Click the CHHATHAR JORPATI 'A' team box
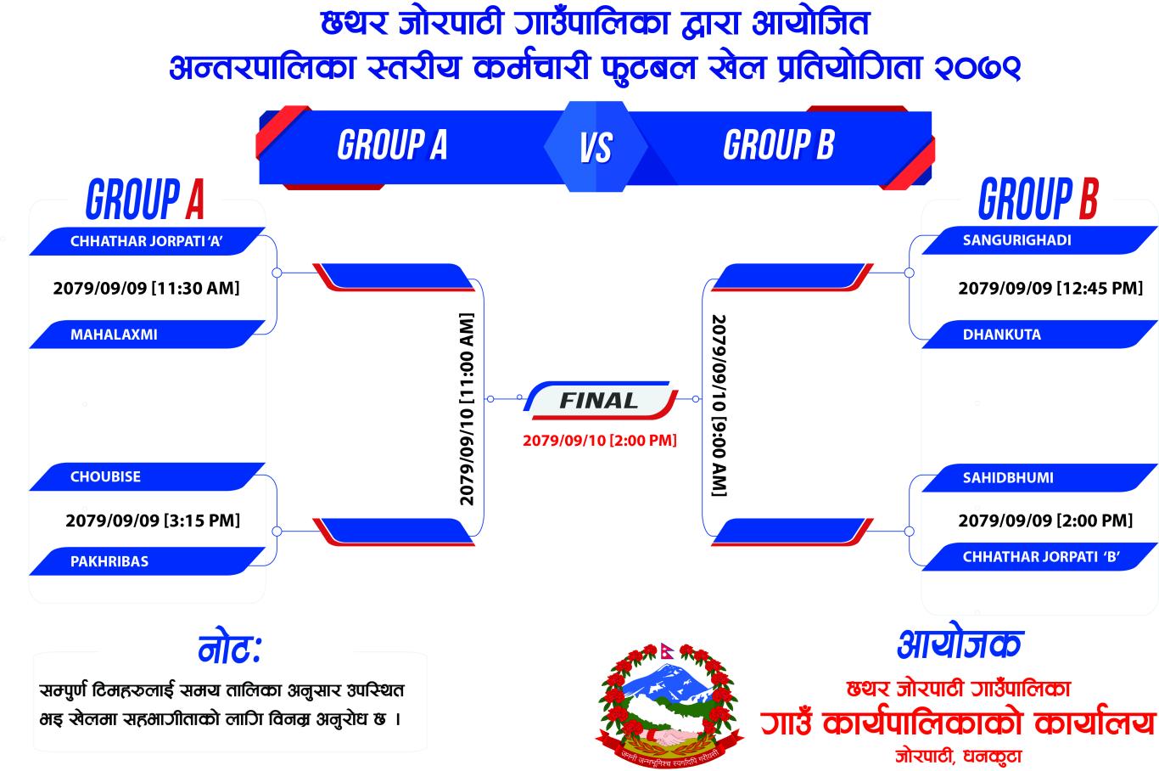pyautogui.click(x=147, y=241)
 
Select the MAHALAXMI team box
pyautogui.click(x=147, y=335)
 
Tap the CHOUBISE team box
pyautogui.click(x=147, y=477)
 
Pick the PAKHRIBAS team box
pyautogui.click(x=147, y=561)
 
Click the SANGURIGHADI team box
pyautogui.click(x=1039, y=240)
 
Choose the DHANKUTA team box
pyautogui.click(x=1039, y=335)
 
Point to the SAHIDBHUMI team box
pyautogui.click(x=1039, y=477)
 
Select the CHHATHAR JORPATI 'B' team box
pyautogui.click(x=1039, y=557)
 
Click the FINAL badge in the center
pyautogui.click(x=600, y=400)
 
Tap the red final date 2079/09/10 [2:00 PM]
pyautogui.click(x=600, y=441)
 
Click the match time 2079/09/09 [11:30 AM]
pyautogui.click(x=147, y=289)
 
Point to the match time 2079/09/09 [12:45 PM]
pyautogui.click(x=1050, y=289)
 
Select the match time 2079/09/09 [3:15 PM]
pyautogui.click(x=153, y=521)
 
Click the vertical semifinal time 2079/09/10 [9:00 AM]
pyautogui.click(x=719, y=405)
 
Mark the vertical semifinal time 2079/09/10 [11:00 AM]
pyautogui.click(x=467, y=408)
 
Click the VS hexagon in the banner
pyautogui.click(x=596, y=147)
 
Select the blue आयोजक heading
pyautogui.click(x=960, y=644)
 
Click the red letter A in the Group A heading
pyautogui.click(x=194, y=200)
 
